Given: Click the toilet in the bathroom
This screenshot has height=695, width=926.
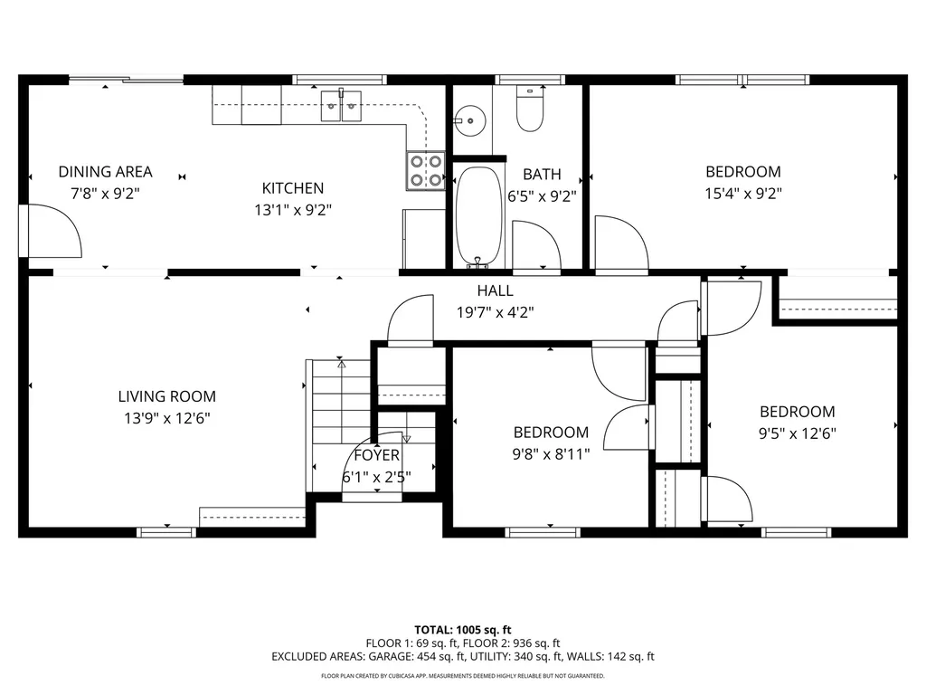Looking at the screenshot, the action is coord(530,109).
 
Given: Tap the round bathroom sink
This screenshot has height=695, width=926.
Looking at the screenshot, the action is coord(469,120).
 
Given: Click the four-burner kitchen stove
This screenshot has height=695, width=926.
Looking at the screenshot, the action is coord(426,171).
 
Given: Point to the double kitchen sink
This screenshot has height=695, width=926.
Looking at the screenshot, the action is coord(341,106).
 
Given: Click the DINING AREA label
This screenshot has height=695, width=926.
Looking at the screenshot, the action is coord(105,172).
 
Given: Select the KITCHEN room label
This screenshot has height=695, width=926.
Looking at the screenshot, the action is coord(293,188).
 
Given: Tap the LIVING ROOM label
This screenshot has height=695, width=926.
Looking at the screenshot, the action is coord(167,396).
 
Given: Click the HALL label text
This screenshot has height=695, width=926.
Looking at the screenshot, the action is coord(495,290).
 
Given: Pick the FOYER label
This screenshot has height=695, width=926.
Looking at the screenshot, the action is coord(377,455).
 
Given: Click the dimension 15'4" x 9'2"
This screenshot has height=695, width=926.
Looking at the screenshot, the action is coord(743,194).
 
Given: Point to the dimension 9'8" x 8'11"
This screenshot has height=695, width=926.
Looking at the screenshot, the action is coord(551,454).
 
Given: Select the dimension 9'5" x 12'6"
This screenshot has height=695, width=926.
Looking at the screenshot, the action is coord(798,433).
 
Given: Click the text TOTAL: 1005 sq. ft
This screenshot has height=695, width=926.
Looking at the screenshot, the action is coord(462,630).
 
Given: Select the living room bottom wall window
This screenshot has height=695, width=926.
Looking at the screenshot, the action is coord(166,532).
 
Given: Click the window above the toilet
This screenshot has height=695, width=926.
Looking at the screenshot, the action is coord(530,80).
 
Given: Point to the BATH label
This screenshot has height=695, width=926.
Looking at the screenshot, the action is coord(542,175).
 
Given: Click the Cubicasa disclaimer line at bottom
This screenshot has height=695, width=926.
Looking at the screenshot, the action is coord(462,675).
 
